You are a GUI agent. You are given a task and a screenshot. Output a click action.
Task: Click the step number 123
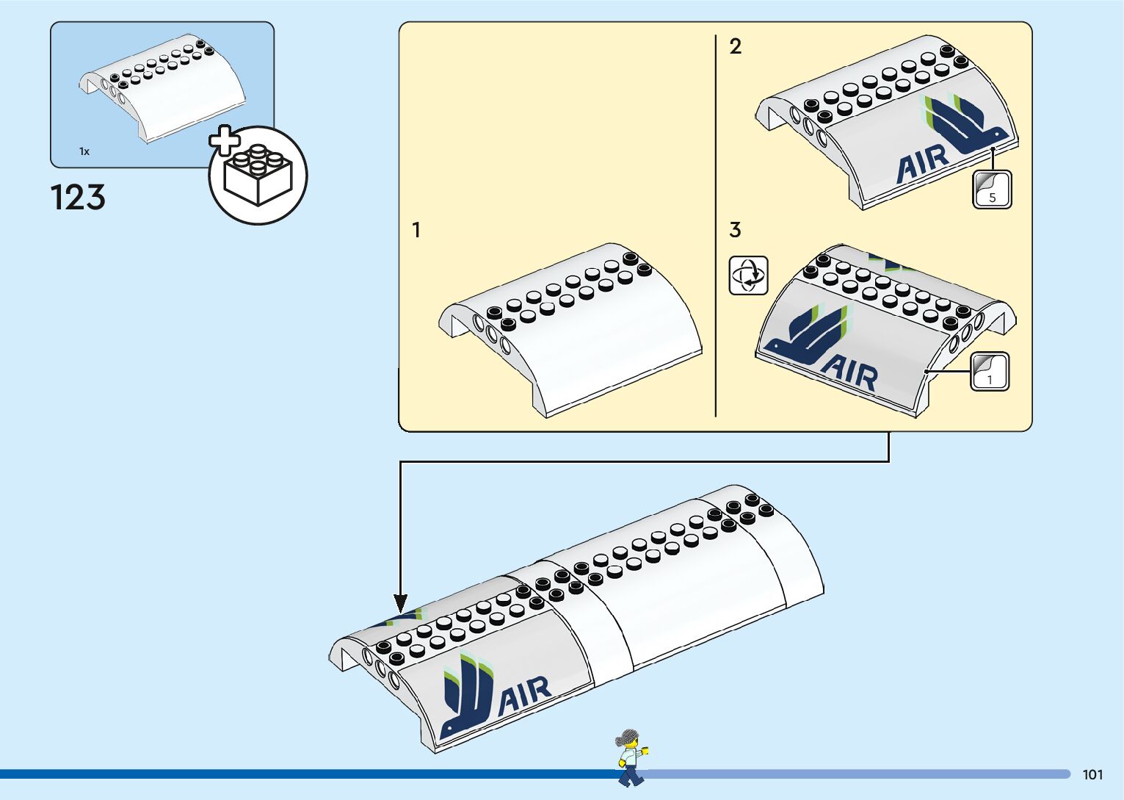click(x=78, y=198)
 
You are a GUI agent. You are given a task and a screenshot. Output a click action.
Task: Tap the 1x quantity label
click(x=84, y=151)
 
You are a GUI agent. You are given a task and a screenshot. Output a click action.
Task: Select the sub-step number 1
click(x=416, y=231)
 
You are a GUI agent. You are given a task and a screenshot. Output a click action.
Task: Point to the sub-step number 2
click(x=735, y=47)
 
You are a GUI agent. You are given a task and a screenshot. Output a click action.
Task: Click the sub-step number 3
click(x=735, y=230)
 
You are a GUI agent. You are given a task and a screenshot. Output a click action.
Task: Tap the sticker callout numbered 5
click(x=992, y=190)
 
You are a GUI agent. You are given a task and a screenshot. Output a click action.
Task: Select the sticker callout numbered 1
click(x=990, y=372)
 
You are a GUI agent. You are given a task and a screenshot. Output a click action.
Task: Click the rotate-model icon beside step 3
click(x=748, y=275)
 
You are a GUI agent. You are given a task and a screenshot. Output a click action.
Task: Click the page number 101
click(x=1092, y=774)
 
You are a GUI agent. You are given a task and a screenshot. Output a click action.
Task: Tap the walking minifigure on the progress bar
click(x=629, y=757)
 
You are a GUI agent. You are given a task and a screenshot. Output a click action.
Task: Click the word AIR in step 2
click(x=922, y=164)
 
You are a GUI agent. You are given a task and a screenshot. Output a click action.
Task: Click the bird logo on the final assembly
click(x=467, y=694)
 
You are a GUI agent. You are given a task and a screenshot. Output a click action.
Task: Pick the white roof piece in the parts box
click(x=163, y=87)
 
